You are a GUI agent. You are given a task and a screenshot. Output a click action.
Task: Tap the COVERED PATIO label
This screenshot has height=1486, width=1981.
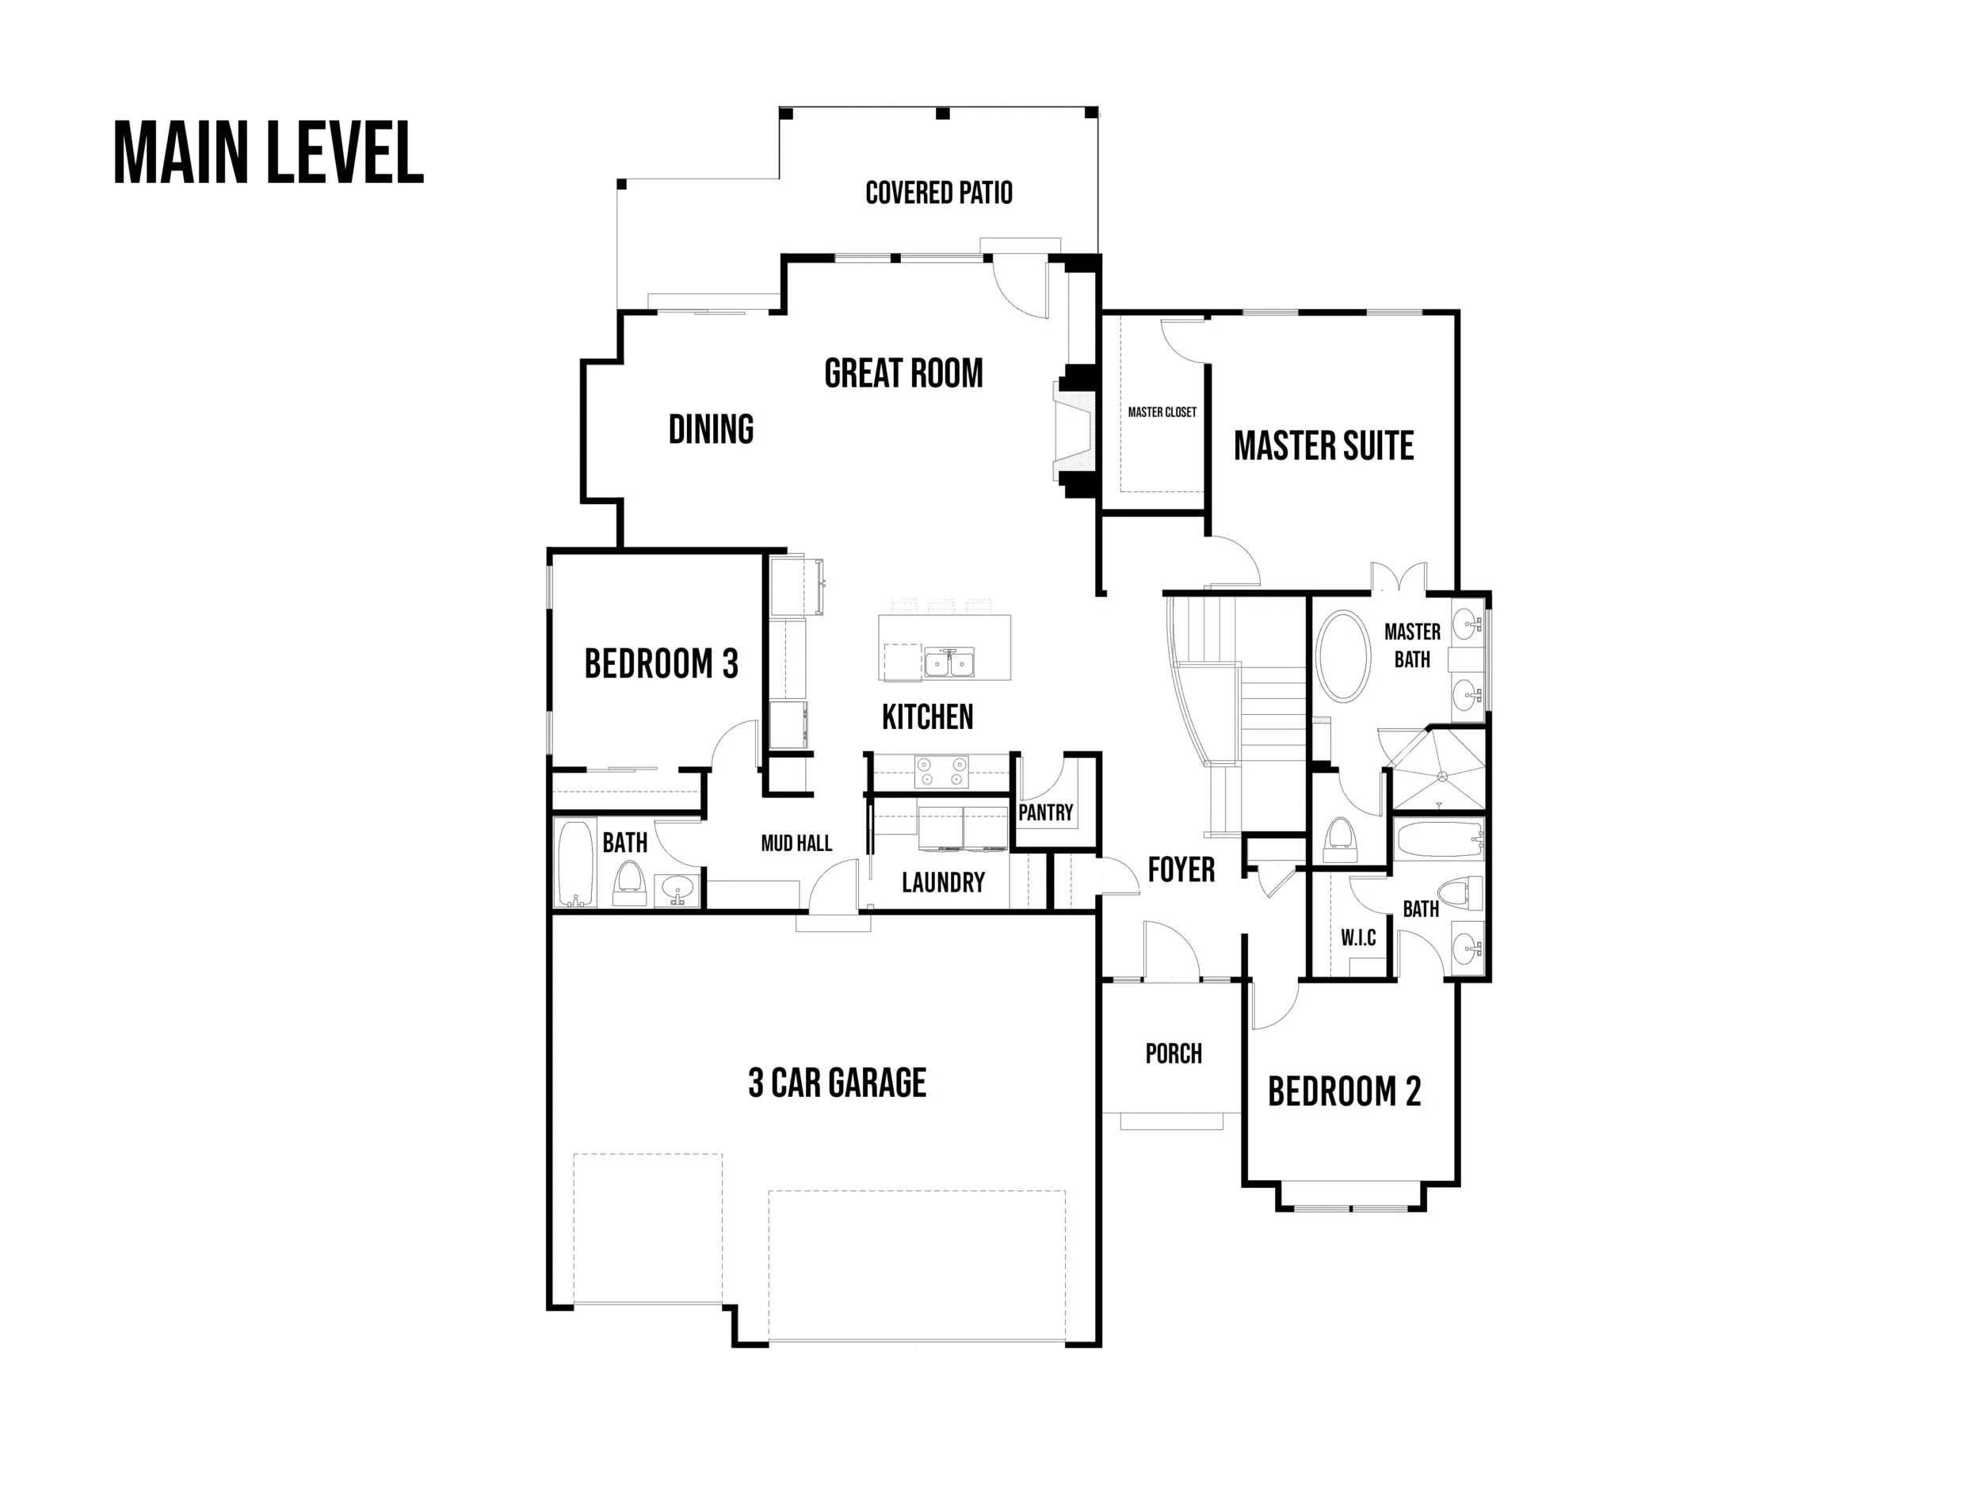(937, 193)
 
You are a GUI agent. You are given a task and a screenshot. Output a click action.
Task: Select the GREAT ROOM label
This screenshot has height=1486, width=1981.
(903, 373)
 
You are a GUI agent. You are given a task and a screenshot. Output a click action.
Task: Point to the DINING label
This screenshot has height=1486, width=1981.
(711, 429)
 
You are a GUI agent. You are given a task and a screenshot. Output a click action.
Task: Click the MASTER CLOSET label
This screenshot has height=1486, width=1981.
(1162, 412)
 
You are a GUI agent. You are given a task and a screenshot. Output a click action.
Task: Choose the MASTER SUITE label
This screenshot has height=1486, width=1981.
(1323, 446)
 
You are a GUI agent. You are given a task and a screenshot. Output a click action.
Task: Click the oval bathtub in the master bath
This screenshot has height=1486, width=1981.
(1342, 656)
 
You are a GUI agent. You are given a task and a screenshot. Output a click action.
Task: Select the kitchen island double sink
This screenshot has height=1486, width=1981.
(949, 663)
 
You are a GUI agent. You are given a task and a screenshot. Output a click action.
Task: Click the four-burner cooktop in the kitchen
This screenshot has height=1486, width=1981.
(941, 772)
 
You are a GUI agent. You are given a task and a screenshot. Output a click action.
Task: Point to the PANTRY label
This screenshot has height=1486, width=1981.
(1044, 812)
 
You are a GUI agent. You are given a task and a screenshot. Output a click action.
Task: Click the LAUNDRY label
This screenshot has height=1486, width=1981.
(942, 882)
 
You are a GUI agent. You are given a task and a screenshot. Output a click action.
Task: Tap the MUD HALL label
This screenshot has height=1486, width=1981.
(796, 843)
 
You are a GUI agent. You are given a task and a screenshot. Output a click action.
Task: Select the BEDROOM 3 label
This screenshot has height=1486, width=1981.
(661, 663)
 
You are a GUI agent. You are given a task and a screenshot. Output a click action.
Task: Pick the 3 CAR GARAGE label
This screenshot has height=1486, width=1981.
(837, 1083)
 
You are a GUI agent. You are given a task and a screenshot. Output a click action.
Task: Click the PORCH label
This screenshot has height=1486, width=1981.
(1174, 1053)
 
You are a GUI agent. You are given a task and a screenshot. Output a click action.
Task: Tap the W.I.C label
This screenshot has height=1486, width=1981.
(1357, 938)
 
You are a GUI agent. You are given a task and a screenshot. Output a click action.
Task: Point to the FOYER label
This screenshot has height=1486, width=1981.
(1181, 869)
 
